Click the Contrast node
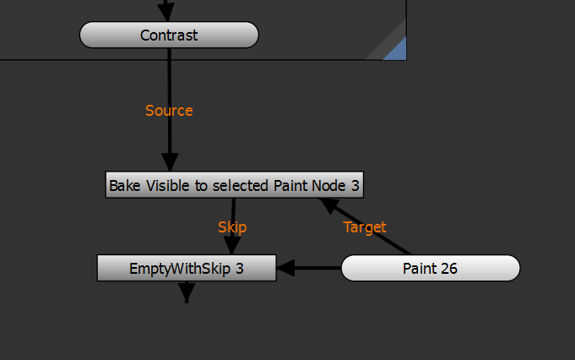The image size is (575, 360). click(x=169, y=35)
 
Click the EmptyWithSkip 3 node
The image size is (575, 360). click(x=187, y=269)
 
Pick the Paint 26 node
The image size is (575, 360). click(x=430, y=269)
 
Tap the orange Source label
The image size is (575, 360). click(x=169, y=111)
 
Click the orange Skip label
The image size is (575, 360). click(x=232, y=227)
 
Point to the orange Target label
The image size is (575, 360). click(x=365, y=227)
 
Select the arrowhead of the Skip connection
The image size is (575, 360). click(x=231, y=245)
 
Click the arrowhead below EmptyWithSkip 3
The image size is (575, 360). click(x=187, y=294)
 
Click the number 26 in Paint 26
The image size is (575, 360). click(x=448, y=269)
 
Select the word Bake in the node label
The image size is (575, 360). click(x=125, y=185)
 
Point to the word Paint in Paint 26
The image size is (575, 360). click(x=419, y=269)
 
